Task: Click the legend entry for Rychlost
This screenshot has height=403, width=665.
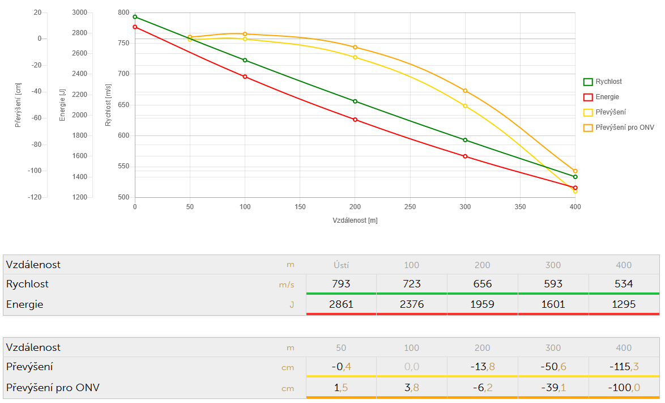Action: pos(608,82)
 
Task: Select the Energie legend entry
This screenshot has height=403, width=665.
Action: pos(607,97)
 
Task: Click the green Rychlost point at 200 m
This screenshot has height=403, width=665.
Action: pos(355,101)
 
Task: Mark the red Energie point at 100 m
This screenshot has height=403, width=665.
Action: pos(245,77)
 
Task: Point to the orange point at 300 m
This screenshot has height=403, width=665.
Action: pos(465,91)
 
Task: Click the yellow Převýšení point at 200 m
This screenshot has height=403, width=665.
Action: pos(355,57)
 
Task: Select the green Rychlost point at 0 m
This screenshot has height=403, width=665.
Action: pos(135,17)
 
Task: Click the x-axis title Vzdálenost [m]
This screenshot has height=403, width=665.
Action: pos(355,220)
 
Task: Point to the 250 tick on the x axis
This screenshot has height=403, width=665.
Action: pos(410,207)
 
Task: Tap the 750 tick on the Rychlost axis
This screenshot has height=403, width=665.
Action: pos(123,43)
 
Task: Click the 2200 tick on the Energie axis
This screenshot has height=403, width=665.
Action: pos(79,95)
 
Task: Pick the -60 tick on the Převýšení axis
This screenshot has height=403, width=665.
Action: pos(35,118)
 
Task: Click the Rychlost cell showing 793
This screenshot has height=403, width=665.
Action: pos(341,284)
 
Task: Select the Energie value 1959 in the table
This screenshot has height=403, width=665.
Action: pos(483,304)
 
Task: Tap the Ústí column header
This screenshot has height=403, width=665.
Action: pos(341,265)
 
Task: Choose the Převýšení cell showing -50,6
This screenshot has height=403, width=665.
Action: pos(553,367)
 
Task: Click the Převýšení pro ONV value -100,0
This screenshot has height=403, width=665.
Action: pos(624,388)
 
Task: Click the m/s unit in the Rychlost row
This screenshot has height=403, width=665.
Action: pos(287,285)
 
